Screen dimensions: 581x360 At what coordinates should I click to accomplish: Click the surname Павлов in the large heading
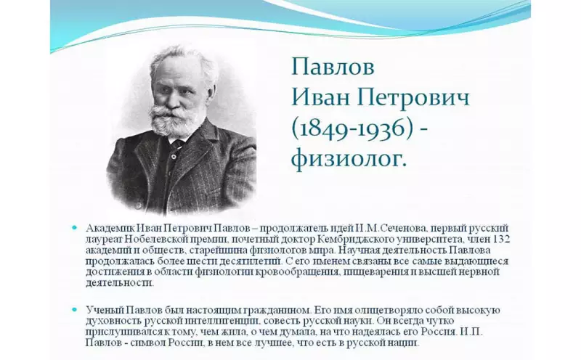click(333, 67)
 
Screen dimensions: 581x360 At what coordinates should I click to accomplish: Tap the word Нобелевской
click(155, 239)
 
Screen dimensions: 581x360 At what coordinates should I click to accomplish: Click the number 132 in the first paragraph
click(502, 239)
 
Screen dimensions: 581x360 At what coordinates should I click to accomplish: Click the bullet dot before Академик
click(75, 228)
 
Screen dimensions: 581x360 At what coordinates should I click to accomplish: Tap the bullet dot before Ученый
click(75, 310)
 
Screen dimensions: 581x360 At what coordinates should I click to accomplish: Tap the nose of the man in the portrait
click(170, 97)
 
